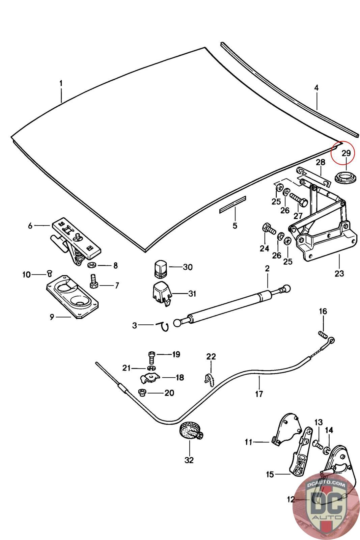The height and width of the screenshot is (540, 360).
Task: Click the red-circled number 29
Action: pyautogui.click(x=346, y=153)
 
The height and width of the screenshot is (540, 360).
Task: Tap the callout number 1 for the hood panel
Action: pyautogui.click(x=61, y=83)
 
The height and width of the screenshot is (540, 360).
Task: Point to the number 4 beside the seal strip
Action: pyautogui.click(x=316, y=88)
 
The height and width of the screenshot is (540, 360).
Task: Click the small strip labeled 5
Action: pyautogui.click(x=233, y=205)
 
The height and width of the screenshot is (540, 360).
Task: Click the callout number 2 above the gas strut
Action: pyautogui.click(x=267, y=269)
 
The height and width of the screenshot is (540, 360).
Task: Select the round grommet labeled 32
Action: pyautogui.click(x=190, y=432)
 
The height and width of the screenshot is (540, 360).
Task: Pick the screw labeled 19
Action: pyautogui.click(x=151, y=356)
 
